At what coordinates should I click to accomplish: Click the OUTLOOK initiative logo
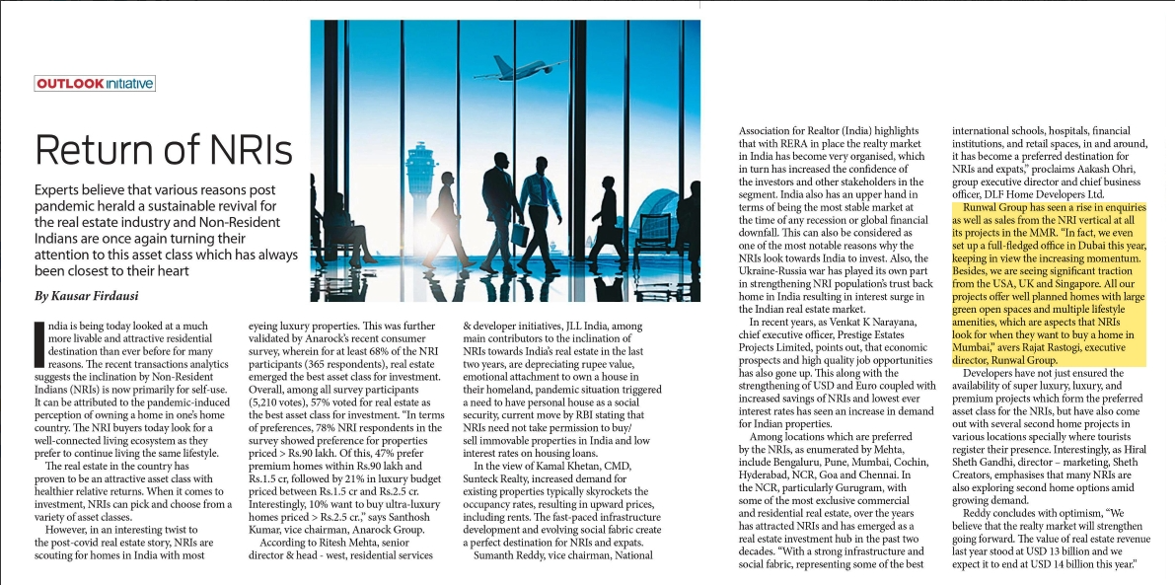pyautogui.click(x=95, y=84)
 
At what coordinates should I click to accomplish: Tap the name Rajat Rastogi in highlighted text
pyautogui.click(x=1048, y=347)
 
